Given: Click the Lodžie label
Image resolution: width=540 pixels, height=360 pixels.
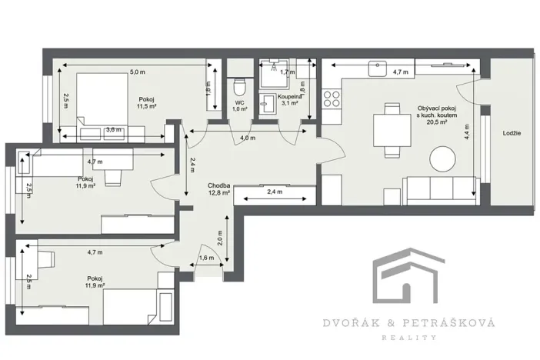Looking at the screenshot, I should click(512, 133).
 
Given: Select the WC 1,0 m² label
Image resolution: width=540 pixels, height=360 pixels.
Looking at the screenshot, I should click(239, 106).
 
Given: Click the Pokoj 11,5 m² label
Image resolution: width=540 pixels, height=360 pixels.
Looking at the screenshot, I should click(145, 104).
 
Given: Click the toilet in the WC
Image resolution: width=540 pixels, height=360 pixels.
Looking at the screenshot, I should click(239, 85).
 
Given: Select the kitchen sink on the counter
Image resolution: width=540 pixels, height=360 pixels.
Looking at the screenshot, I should click(378, 68).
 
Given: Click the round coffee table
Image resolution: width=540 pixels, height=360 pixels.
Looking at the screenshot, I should click(443, 159).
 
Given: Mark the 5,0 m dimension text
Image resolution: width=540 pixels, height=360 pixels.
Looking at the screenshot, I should click(137, 72).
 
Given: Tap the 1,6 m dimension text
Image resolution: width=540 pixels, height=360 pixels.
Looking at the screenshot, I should click(206, 258).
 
